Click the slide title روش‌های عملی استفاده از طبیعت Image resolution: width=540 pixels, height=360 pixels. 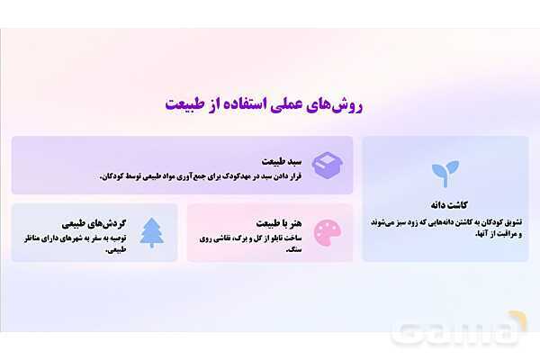[270, 103]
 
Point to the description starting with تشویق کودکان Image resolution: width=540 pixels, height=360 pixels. [445, 227]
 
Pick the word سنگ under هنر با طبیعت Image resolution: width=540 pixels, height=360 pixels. [292, 249]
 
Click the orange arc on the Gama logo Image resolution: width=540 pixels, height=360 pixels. [518, 320]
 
